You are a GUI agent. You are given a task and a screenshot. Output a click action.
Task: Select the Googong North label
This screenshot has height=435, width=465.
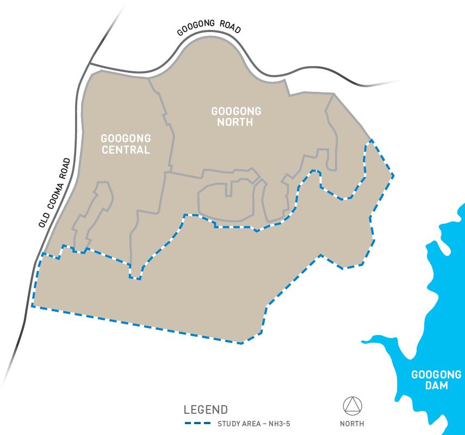coord(236,117)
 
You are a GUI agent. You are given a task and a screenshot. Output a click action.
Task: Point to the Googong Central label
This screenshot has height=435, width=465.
coord(126,144)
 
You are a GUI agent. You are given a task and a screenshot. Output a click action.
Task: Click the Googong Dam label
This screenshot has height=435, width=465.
coord(437,380)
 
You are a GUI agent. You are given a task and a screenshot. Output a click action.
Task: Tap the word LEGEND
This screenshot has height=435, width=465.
coord(206,409)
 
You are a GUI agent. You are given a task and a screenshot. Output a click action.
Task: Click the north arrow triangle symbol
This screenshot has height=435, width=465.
coord(352,406)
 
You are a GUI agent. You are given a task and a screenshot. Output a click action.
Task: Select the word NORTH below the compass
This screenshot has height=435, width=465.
coord(352,424)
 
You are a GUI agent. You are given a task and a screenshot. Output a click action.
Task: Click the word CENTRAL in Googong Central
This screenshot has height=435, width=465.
coord(126,150)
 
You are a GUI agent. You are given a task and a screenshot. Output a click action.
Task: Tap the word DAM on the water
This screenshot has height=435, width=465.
coord(437,386)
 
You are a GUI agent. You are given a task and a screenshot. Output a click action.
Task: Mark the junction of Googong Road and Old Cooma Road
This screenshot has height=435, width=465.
coord(89,64)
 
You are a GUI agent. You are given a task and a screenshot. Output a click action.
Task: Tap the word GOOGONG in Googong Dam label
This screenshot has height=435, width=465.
coord(437,375)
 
